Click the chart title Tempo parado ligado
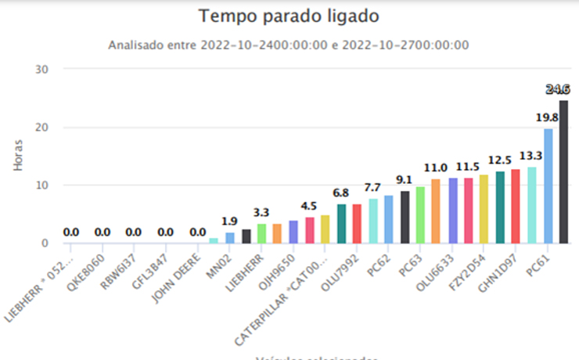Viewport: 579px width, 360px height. (x=288, y=16)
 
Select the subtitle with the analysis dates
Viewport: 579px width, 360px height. (x=288, y=45)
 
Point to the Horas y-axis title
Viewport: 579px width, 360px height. (x=18, y=155)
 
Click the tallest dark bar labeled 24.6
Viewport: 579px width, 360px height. (x=563, y=171)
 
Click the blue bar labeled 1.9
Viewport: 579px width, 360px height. (x=230, y=238)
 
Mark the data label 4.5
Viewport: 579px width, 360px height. (x=309, y=207)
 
